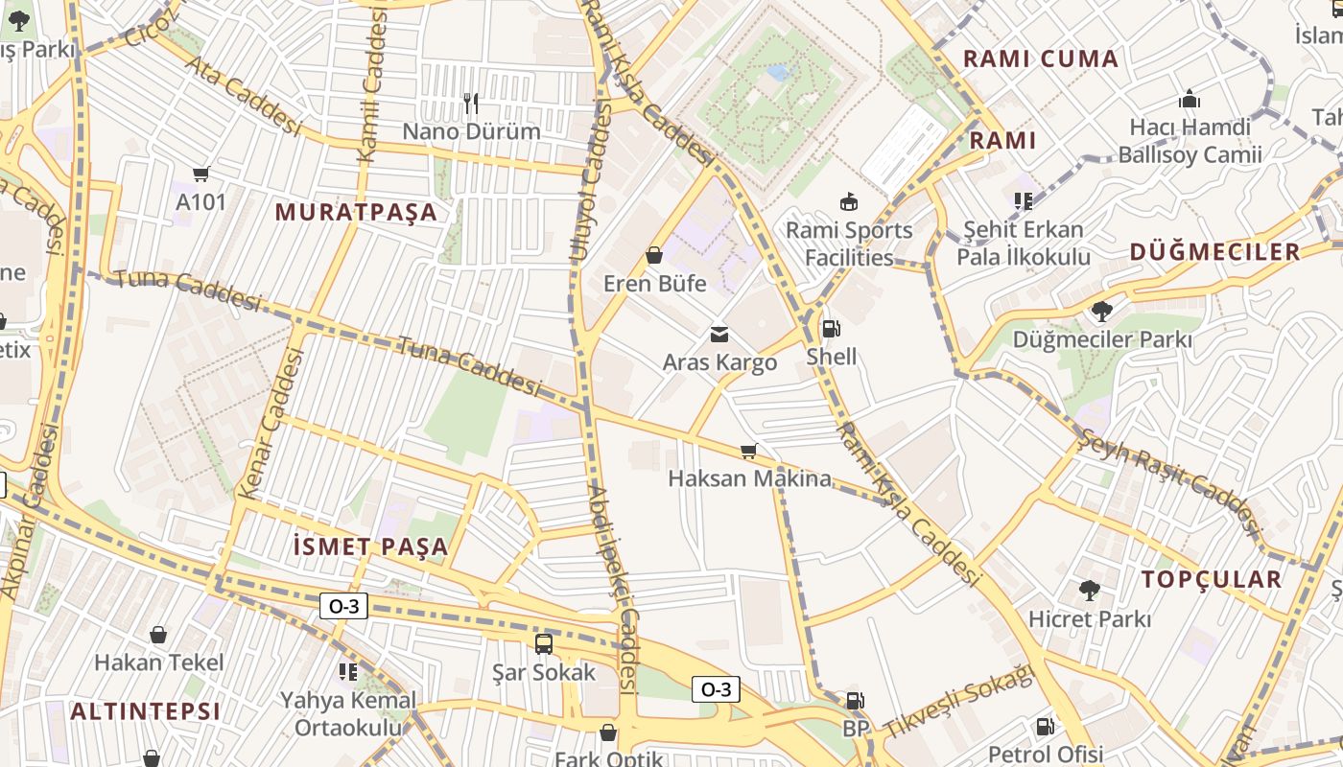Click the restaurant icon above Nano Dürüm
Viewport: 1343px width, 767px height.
(x=470, y=103)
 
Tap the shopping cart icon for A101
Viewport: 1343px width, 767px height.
(x=200, y=174)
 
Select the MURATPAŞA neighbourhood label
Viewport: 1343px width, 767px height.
(x=356, y=213)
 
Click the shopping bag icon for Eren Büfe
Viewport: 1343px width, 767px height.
(x=654, y=255)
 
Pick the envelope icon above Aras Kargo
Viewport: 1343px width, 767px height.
(x=719, y=334)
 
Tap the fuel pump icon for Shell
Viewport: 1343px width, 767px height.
(x=831, y=329)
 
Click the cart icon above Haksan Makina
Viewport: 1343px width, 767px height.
(x=749, y=451)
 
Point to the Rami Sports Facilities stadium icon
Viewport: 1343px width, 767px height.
(x=848, y=201)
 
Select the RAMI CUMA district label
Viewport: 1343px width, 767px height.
(x=1041, y=58)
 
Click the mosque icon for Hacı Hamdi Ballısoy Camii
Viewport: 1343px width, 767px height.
(x=1190, y=100)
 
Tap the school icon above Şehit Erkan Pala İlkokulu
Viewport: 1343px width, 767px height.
(x=1023, y=201)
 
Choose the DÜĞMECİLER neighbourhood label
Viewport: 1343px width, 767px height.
(x=1214, y=252)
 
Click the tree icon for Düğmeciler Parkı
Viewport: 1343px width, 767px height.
(x=1101, y=311)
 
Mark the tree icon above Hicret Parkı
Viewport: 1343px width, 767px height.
(x=1089, y=590)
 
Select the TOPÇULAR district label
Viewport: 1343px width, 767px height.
(x=1211, y=579)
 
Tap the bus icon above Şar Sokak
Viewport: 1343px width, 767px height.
(x=543, y=643)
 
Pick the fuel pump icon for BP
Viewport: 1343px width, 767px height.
(x=854, y=701)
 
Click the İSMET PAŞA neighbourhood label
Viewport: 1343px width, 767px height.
(x=369, y=547)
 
